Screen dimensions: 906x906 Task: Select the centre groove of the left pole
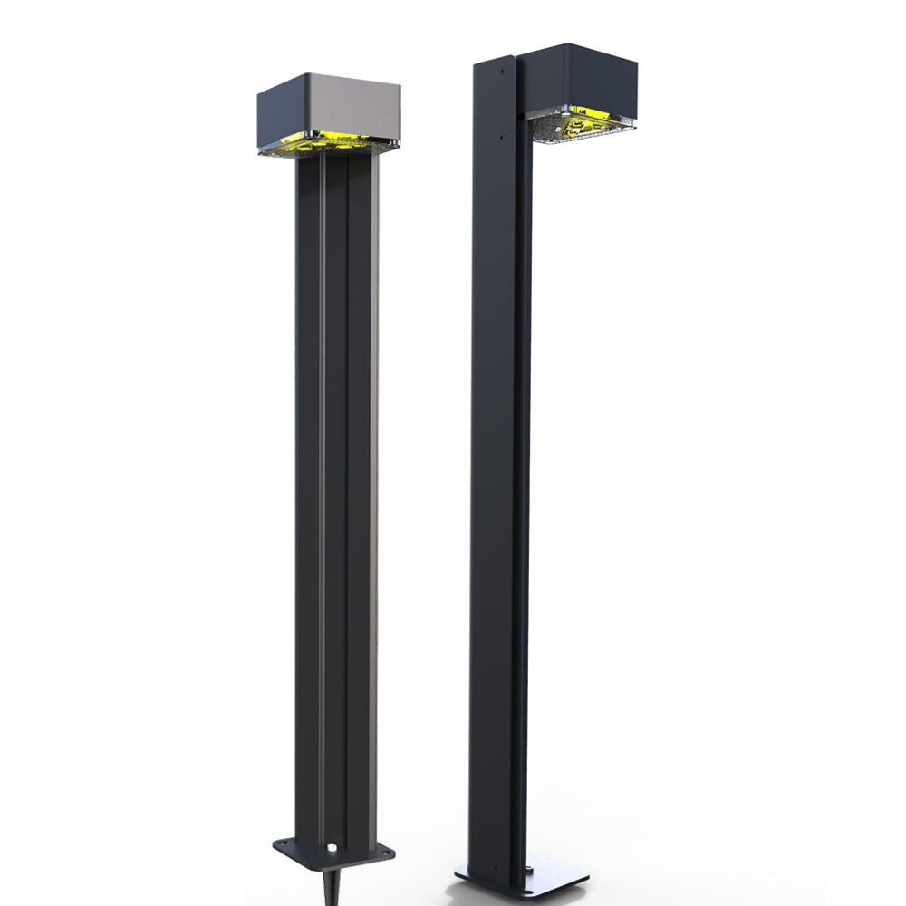click(x=335, y=498)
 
